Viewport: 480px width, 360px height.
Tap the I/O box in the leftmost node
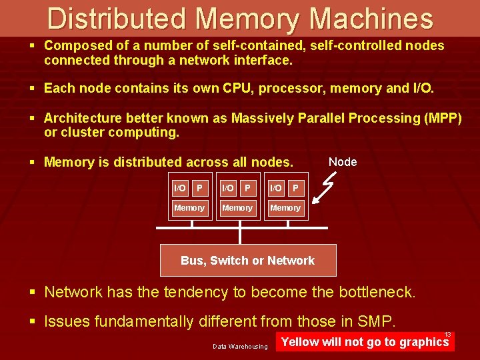point(179,189)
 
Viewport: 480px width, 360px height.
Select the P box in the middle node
point(247,189)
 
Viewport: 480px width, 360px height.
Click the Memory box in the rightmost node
point(285,208)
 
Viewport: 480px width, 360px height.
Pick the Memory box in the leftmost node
point(189,208)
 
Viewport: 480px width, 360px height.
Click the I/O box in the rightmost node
point(275,189)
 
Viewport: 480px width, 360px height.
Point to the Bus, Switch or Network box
point(248,261)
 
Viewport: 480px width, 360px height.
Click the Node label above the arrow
point(343,162)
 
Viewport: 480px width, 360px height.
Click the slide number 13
point(448,335)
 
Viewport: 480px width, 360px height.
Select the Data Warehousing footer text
point(240,346)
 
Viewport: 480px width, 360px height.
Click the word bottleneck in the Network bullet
point(377,292)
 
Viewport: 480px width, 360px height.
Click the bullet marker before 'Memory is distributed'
point(32,162)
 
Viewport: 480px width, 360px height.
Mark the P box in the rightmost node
point(295,189)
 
